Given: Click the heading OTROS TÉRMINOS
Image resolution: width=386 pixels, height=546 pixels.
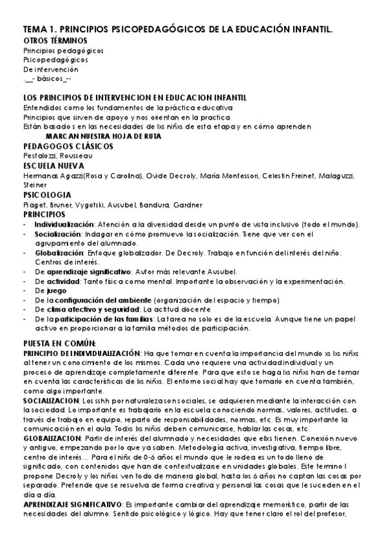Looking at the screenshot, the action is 55,40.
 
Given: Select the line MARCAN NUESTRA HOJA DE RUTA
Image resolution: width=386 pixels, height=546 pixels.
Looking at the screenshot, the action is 103,136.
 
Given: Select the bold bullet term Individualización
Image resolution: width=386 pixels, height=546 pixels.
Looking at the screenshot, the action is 63,224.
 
